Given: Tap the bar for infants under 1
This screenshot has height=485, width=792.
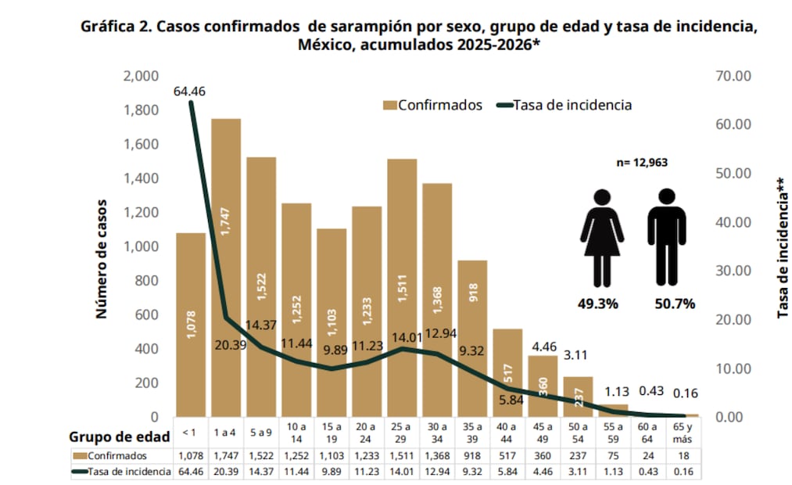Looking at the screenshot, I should click(191, 324).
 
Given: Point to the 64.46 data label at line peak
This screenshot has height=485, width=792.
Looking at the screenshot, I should click(190, 92).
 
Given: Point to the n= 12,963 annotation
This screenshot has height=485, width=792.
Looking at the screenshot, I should click(640, 163).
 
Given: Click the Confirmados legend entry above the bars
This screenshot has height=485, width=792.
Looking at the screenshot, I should click(432, 105).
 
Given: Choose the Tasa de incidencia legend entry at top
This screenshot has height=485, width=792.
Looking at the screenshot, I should click(564, 105).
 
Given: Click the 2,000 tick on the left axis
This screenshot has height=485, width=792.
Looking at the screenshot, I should click(141, 76).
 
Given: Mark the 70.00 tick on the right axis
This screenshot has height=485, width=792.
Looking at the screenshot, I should click(733, 76).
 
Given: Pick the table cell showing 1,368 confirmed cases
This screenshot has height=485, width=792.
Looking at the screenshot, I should click(437, 456).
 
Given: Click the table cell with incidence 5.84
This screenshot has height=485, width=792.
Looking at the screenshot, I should click(507, 472).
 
